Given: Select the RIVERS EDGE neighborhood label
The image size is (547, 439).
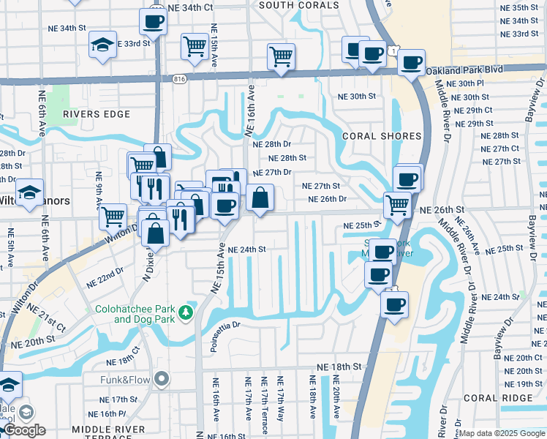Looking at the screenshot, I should pyautogui.click(x=96, y=114).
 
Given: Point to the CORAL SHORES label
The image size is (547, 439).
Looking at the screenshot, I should pyautogui.click(x=382, y=136).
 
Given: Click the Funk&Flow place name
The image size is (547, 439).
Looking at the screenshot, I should pyautogui.click(x=126, y=380).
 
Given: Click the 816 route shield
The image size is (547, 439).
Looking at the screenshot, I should pyautogui.click(x=180, y=78).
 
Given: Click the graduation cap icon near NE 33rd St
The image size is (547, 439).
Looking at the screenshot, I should pyautogui.click(x=102, y=45).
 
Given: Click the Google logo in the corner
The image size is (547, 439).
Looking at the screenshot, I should pyautogui.click(x=24, y=430).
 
